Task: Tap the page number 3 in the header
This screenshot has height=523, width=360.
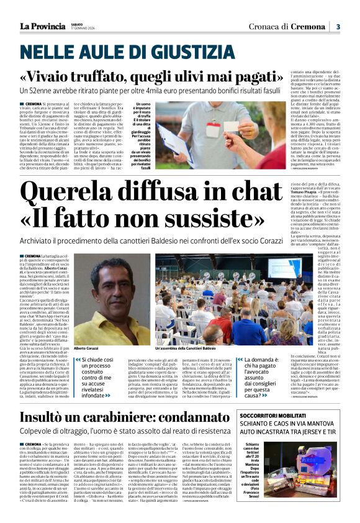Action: click(338, 26)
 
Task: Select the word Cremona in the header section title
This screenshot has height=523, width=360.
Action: click(307, 26)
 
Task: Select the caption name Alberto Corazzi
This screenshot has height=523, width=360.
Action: click(87, 349)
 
